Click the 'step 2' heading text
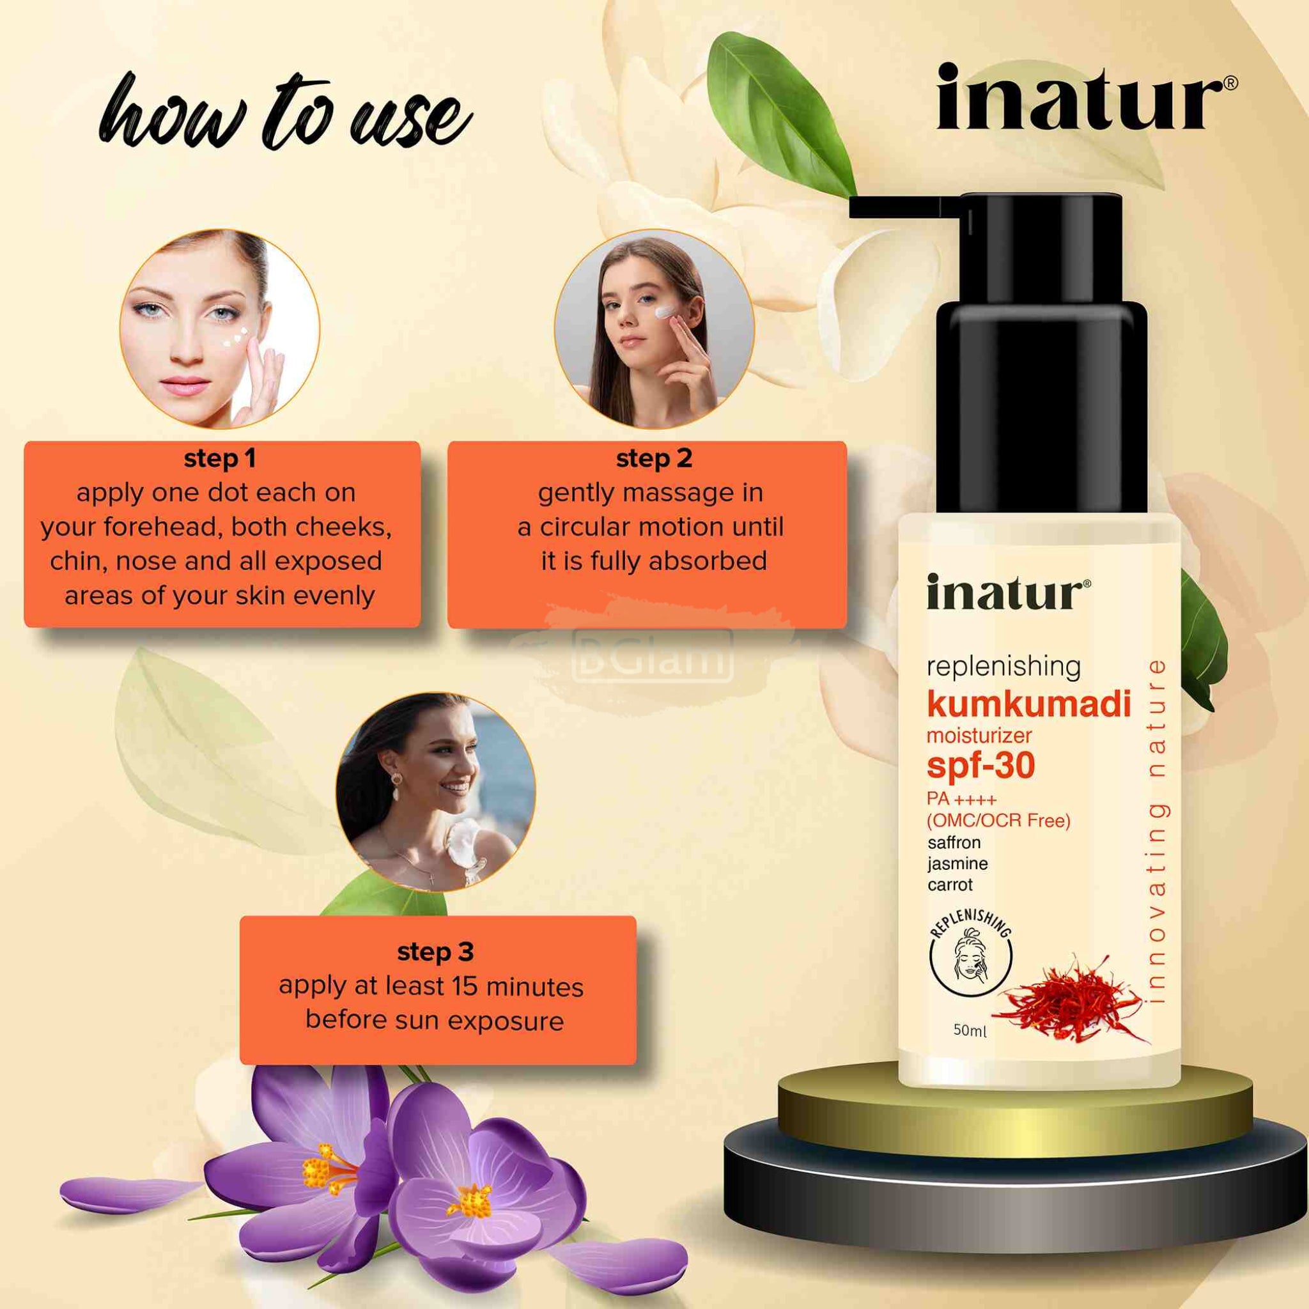[654, 459]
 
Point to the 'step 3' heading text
[435, 952]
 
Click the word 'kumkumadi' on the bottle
[1028, 704]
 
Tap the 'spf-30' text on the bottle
[980, 766]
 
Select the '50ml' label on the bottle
[970, 1030]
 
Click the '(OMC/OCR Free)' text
[998, 821]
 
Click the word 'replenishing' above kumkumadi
[1003, 667]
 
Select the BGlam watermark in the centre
[653, 655]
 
